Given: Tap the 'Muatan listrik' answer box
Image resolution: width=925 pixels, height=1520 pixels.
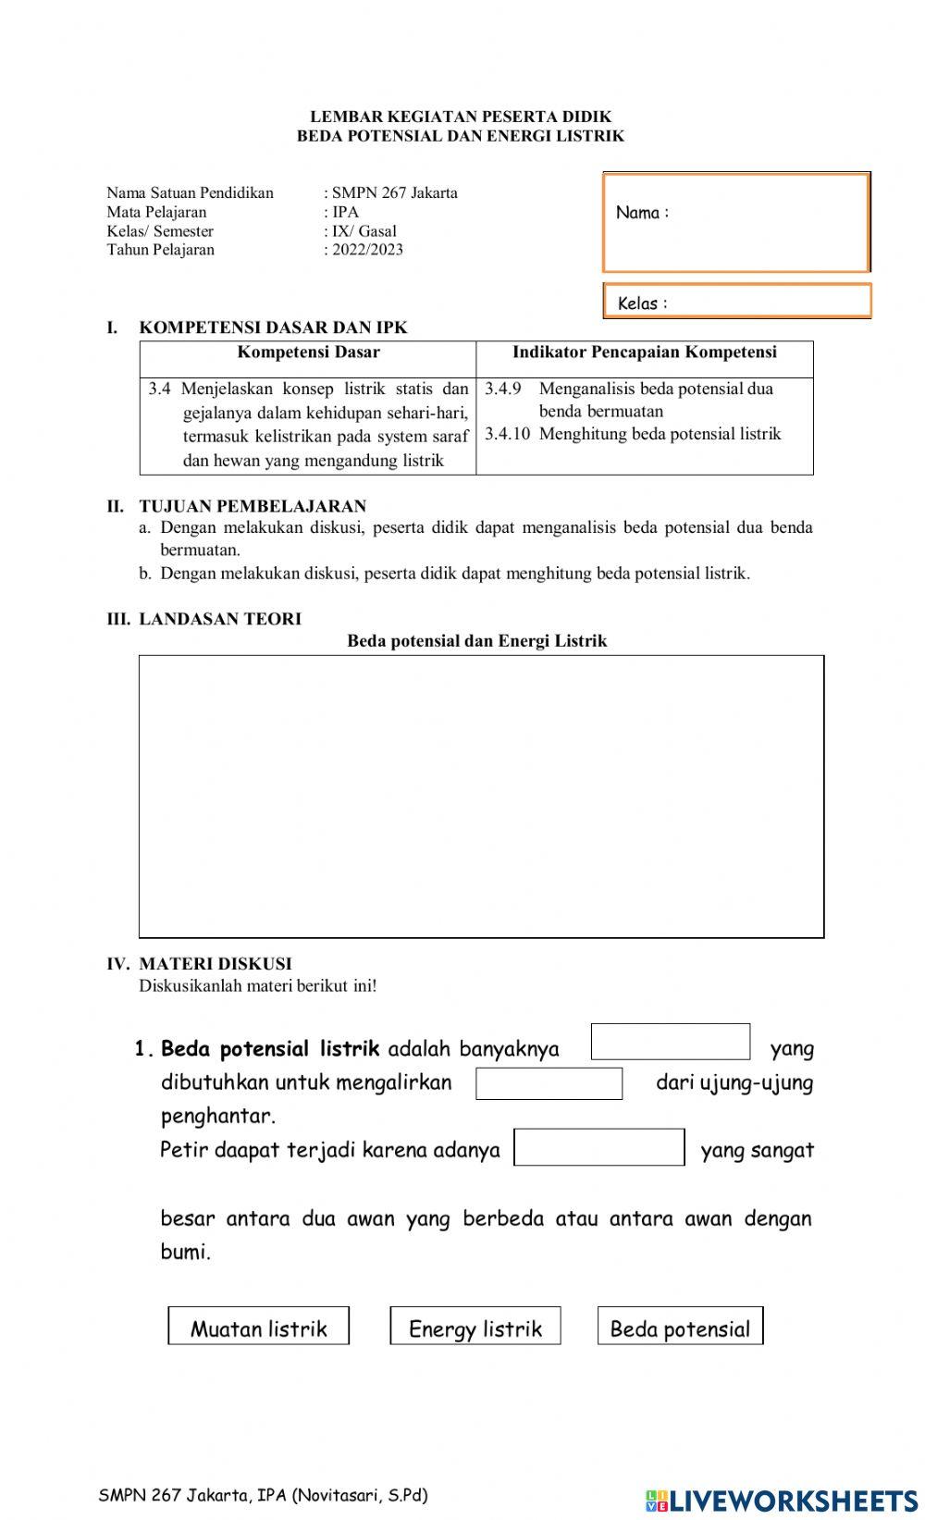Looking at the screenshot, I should [x=258, y=1326].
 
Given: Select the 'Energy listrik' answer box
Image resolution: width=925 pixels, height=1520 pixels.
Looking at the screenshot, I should [x=475, y=1326].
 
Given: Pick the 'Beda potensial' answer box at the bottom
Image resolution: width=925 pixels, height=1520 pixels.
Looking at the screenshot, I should [x=680, y=1326].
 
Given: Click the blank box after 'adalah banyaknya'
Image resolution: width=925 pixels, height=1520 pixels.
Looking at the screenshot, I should [x=671, y=1042].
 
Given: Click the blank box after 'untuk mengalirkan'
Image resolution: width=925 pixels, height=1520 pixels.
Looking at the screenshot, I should [x=549, y=1083].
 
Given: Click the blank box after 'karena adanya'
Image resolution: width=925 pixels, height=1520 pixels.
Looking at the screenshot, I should [x=598, y=1147].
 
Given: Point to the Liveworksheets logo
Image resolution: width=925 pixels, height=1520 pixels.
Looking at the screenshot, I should [x=782, y=1500].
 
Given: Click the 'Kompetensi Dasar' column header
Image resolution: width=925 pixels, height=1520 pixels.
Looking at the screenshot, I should [x=308, y=352].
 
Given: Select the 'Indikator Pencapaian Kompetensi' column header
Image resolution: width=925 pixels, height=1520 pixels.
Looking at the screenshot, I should [x=645, y=352].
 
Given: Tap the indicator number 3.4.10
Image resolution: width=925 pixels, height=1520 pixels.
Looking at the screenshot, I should [x=507, y=434].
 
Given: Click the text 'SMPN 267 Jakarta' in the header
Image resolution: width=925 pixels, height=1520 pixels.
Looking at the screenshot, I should [x=395, y=193].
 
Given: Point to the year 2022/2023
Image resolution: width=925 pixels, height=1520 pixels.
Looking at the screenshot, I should [x=368, y=250].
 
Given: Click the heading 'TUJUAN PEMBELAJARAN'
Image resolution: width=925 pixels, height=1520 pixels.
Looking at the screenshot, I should [x=253, y=506].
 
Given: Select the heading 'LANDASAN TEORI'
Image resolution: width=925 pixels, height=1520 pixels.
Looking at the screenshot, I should [x=220, y=619].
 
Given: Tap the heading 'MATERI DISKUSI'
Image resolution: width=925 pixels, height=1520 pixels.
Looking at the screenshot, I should [x=215, y=964].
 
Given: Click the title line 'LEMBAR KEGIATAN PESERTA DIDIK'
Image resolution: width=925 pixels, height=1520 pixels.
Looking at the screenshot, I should [x=461, y=117].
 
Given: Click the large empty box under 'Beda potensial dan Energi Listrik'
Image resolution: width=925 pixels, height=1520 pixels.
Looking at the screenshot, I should [x=481, y=796].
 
